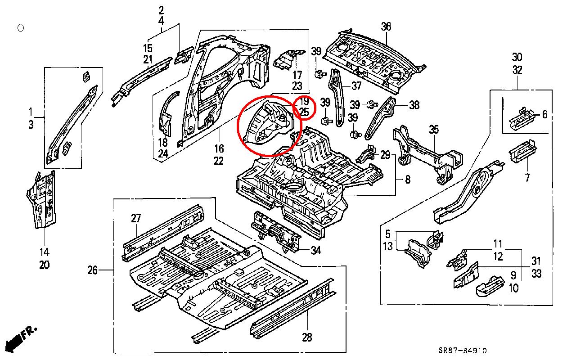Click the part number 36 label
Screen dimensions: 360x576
(x=386, y=27)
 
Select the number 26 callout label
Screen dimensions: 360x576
(x=92, y=270)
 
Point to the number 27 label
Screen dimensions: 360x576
(x=136, y=219)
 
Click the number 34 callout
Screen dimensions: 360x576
(x=316, y=251)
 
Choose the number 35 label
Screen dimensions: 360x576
(x=433, y=130)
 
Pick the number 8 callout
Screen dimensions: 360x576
(x=407, y=180)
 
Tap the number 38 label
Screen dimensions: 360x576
(x=414, y=105)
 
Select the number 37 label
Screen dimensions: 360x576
(x=356, y=85)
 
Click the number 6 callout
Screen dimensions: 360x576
(x=544, y=115)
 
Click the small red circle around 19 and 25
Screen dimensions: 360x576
(x=304, y=107)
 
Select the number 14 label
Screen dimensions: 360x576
(x=44, y=252)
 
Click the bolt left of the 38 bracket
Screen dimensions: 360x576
(x=372, y=104)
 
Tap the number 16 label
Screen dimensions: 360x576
(x=219, y=148)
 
